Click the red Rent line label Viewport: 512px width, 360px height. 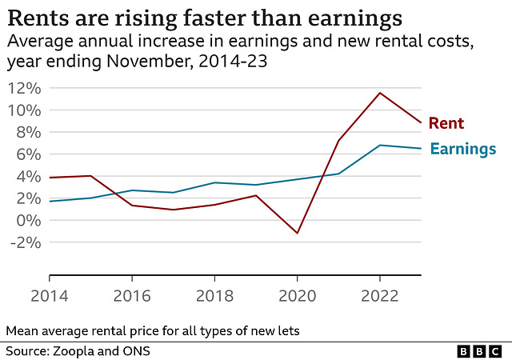pos(446,122)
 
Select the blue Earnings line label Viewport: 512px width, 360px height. pos(463,149)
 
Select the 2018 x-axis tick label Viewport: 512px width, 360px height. pos(214,296)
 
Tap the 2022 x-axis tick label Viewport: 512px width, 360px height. pos(379,296)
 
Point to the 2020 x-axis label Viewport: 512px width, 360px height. pos(298,296)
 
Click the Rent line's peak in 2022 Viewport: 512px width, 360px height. pos(379,93)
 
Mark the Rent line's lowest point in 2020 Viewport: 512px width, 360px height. pos(298,233)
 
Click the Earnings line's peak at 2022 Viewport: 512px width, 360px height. pos(379,145)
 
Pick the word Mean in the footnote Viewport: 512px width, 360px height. pos(19,330)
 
